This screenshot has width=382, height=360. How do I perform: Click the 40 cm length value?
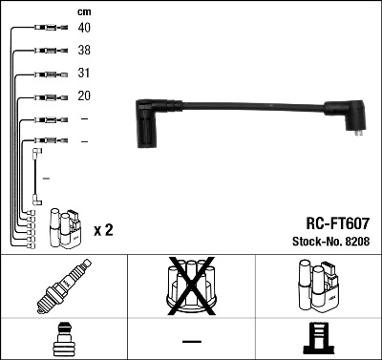coord(85,29)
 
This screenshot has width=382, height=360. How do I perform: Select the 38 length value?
coord(85,51)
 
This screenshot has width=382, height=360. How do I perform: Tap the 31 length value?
coord(85,74)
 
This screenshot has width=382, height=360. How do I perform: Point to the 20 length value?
coord(85,96)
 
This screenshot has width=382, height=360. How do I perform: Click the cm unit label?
coord(83,11)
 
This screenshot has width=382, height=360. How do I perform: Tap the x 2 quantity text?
coord(103,230)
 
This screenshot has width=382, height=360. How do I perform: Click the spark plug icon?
coord(63,284)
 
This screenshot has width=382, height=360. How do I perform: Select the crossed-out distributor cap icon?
coord(190,284)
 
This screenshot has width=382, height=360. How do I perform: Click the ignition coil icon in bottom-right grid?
coord(318,284)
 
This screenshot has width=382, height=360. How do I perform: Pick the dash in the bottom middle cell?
coord(191,341)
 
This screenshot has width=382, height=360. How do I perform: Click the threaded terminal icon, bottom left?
coord(63,339)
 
